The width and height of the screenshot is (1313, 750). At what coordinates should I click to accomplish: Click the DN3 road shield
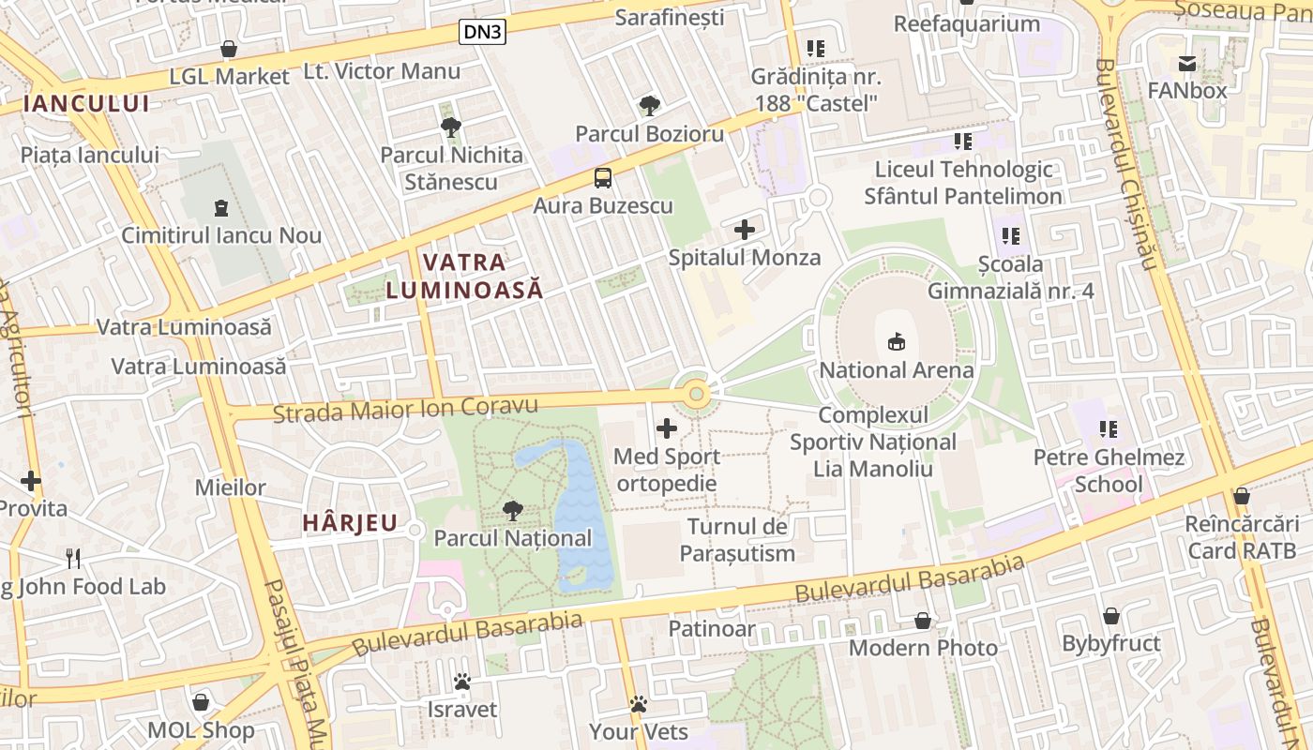point(483,33)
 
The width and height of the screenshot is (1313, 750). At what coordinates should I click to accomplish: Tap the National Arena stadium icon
point(897,342)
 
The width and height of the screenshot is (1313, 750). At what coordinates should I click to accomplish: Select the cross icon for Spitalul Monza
point(745,230)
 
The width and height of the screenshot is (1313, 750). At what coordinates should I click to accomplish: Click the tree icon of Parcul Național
point(512,511)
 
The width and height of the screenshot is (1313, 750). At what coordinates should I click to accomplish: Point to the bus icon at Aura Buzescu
point(603,178)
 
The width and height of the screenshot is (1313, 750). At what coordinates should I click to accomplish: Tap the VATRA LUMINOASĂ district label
point(464,276)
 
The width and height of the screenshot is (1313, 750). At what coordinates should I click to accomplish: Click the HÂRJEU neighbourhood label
point(350,523)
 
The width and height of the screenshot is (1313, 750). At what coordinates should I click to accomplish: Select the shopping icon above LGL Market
point(229,49)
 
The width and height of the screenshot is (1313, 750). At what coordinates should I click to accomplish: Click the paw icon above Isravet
point(461,682)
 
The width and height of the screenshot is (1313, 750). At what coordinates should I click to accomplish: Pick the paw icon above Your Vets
point(639,704)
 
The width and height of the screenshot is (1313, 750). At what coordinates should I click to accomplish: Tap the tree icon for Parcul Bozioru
point(649,106)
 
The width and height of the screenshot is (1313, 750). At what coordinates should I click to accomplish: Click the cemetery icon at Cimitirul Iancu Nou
point(221,207)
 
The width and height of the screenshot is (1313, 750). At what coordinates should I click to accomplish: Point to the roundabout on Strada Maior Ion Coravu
point(696,395)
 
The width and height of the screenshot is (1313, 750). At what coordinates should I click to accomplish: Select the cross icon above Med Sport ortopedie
point(667,429)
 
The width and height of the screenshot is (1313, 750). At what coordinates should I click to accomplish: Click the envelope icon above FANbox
point(1187,64)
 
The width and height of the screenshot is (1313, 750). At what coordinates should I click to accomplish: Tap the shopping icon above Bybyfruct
point(1111,616)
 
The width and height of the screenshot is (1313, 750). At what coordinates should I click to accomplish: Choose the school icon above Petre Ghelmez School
point(1109,429)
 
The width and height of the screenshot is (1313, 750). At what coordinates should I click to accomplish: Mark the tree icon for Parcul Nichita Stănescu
point(451,127)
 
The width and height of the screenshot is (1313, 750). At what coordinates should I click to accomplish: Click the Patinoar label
point(712,628)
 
